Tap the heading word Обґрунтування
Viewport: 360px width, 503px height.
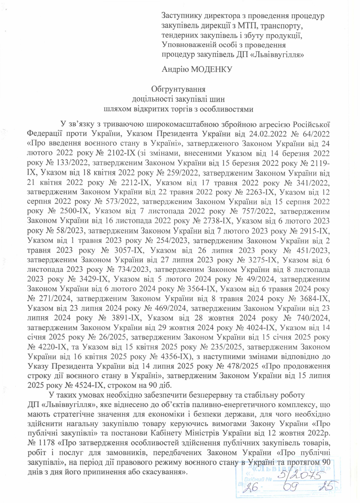(178, 89)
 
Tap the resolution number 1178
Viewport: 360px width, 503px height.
(47, 443)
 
